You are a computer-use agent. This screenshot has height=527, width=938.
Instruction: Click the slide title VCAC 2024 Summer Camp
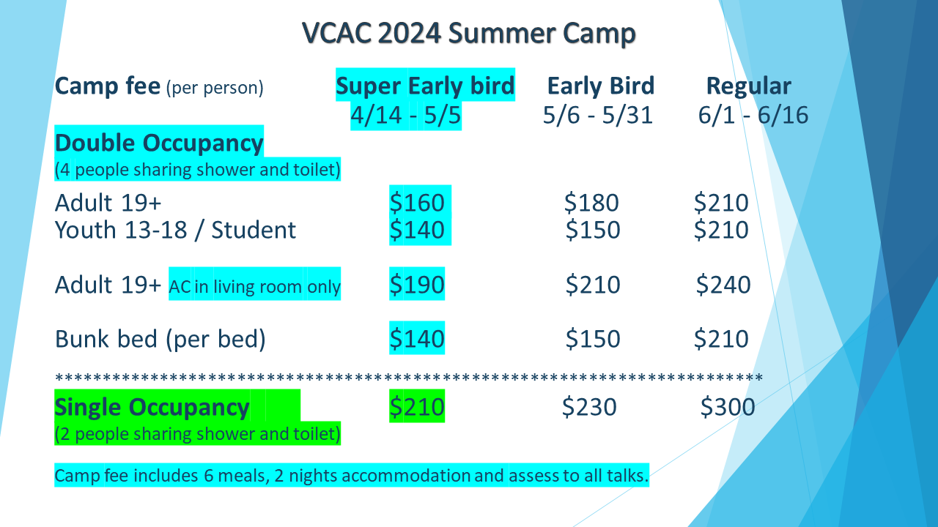pos(469,34)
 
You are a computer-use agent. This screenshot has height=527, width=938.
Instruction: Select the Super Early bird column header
pos(425,86)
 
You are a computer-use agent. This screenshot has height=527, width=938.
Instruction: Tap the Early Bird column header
pos(600,86)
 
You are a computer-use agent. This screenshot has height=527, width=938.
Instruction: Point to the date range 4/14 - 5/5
pos(405,115)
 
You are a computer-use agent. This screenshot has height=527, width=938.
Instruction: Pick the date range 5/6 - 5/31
pos(597,115)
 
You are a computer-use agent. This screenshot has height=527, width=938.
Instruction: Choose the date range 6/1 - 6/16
pos(753,115)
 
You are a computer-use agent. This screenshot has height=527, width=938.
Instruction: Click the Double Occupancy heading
pos(159,143)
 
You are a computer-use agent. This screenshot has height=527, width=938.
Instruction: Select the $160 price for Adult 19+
pos(417,203)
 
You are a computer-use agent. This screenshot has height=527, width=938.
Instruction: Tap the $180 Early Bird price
pos(591,203)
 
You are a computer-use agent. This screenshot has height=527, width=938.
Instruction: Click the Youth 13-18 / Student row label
pos(175,230)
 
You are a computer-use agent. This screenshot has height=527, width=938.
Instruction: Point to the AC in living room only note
pos(254,286)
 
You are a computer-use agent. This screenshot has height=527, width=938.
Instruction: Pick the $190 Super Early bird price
pos(417,285)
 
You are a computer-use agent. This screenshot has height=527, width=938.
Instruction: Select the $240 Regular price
pos(723,285)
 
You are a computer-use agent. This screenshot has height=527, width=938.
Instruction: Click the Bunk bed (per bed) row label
pos(160,339)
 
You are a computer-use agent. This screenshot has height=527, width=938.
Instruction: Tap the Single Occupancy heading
pos(152,408)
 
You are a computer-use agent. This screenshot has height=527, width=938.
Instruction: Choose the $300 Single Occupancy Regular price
pos(728,407)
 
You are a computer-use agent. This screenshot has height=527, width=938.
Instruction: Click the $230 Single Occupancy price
pos(589,407)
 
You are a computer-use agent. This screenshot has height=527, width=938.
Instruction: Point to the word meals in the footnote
pos(244,476)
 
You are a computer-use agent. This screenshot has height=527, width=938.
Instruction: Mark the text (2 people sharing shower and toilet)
pos(198,434)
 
